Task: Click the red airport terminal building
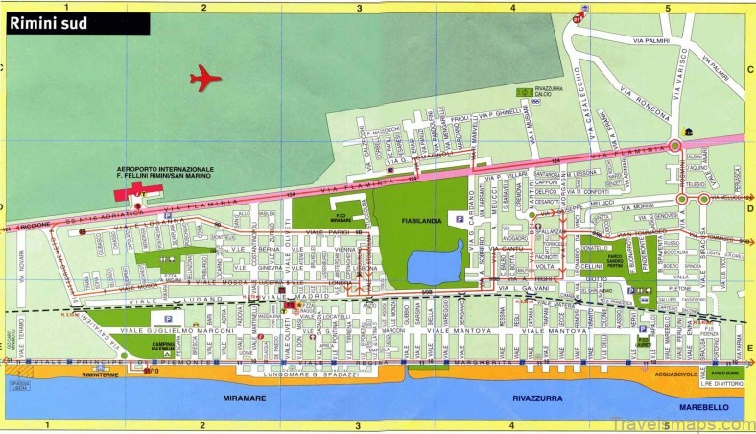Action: pos(123,194)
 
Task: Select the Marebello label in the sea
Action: pos(704,407)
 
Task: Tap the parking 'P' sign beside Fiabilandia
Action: pos(458,219)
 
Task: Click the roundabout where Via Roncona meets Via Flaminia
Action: pos(675,146)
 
